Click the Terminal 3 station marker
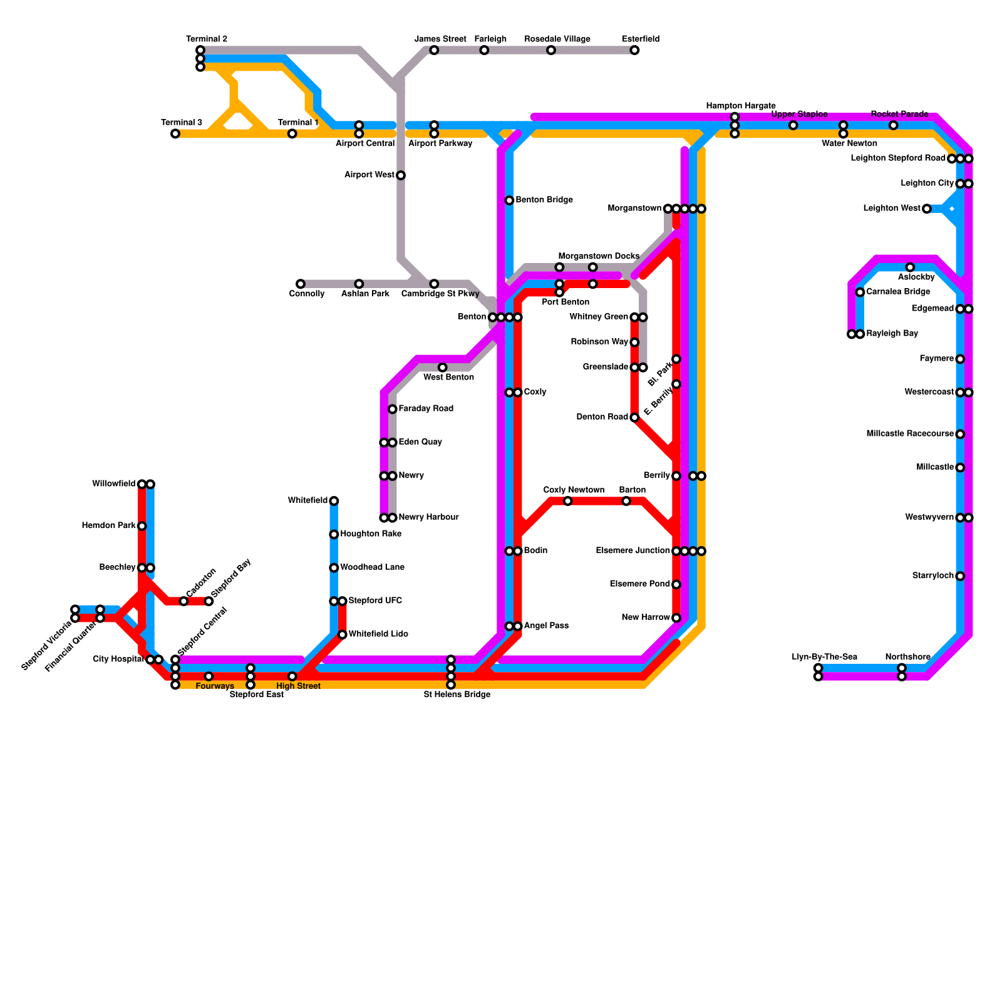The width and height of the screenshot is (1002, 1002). click(x=175, y=133)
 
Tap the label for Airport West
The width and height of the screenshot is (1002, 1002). click(x=369, y=175)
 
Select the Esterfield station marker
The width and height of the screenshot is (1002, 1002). click(x=634, y=50)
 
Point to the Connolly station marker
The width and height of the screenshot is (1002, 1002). click(x=301, y=284)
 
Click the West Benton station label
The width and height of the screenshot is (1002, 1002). click(x=448, y=378)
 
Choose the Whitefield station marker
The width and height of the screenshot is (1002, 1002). click(x=334, y=501)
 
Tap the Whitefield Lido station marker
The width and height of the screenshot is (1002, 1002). click(x=343, y=634)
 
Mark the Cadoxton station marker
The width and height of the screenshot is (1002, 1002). click(x=183, y=601)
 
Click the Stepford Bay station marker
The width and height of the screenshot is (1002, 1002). click(x=209, y=601)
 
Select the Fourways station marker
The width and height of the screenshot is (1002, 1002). click(x=209, y=676)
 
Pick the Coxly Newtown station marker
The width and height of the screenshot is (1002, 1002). click(x=567, y=501)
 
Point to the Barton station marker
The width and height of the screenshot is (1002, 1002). click(x=626, y=501)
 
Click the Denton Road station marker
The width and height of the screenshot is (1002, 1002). click(x=634, y=417)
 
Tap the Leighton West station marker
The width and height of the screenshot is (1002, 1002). click(x=927, y=209)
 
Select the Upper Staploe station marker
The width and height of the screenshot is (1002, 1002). click(x=793, y=125)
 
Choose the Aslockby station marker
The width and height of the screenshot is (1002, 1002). click(x=910, y=267)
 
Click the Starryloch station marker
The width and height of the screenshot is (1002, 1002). click(x=960, y=576)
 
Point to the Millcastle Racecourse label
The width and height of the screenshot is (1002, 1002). click(x=910, y=434)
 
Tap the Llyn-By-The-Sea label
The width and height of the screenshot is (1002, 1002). click(x=824, y=657)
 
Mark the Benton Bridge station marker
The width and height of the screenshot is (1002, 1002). click(x=509, y=200)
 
